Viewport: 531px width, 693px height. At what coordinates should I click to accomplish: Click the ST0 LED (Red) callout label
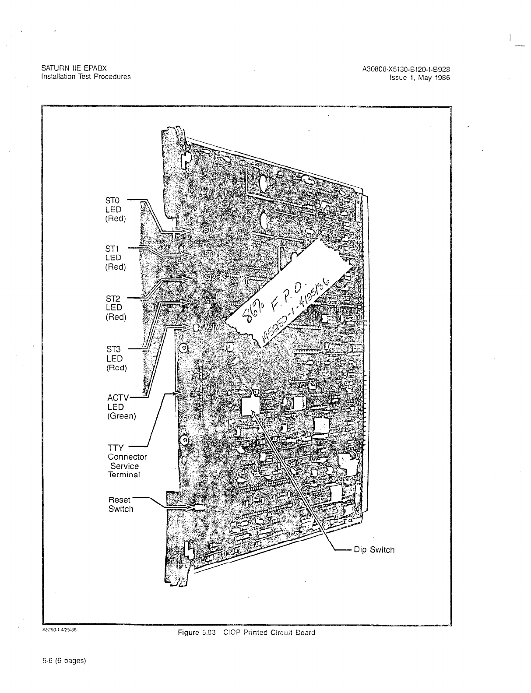[x=116, y=210]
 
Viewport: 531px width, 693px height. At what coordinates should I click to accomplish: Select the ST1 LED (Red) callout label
[x=116, y=258]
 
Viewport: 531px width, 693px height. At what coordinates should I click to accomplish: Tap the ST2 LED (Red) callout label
[x=116, y=308]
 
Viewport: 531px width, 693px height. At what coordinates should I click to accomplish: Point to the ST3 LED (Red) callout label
[x=116, y=358]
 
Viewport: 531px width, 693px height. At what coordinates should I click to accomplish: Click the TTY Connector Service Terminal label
[x=127, y=461]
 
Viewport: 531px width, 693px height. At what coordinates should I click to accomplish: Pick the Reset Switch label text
[x=121, y=504]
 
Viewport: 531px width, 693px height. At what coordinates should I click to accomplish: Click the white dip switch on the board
[x=250, y=405]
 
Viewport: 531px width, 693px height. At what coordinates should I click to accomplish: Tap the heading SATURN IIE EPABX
[x=74, y=69]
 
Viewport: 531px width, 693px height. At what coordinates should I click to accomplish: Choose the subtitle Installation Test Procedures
[x=86, y=77]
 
